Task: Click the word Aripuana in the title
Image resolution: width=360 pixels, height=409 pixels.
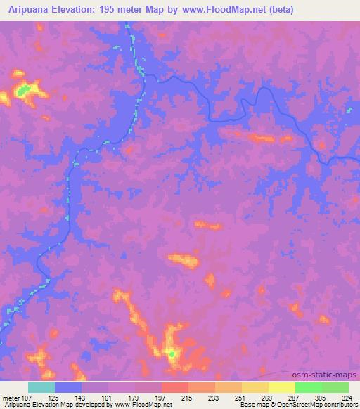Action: point(30,10)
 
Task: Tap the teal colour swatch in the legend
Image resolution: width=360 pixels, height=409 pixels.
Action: point(41,387)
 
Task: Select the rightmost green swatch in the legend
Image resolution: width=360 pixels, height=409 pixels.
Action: point(335,387)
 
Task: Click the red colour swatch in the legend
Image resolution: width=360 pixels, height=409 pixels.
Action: point(175,387)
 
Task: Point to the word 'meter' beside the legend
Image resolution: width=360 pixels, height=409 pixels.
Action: point(9,398)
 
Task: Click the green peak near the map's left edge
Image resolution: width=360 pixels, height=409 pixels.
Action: point(24,90)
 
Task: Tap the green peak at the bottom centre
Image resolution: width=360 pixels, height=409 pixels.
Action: point(171,353)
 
